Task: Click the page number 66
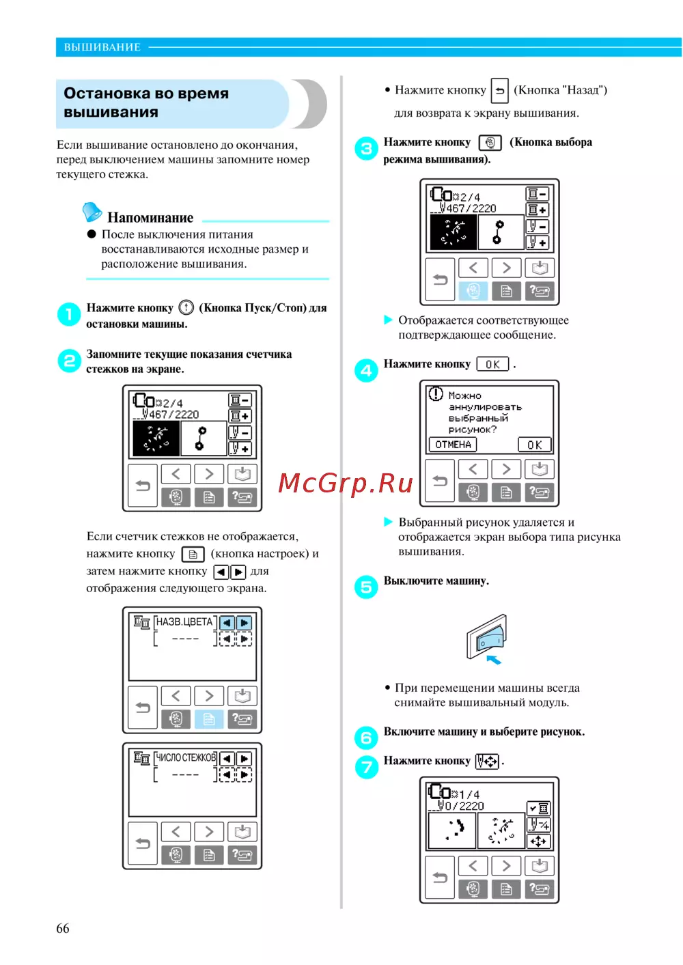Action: pos(62,928)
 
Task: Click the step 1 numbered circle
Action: pos(69,314)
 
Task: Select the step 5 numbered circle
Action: pos(366,587)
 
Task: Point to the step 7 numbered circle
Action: pos(366,767)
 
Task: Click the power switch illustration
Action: pos(486,637)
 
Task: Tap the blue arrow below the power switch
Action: pos(494,660)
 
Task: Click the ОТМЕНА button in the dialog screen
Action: pos(452,445)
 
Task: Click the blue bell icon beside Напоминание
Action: pos(92,212)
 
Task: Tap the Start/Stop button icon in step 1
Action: pos(186,307)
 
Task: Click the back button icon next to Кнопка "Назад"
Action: pos(499,90)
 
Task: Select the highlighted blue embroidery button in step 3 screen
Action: pos(473,291)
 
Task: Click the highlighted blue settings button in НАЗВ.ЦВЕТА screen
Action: pos(209,719)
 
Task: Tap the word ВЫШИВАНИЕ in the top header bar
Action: pos(102,47)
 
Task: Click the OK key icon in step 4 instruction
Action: pos(492,365)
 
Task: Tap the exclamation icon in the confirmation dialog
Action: pos(436,394)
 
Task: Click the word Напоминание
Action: pos(150,218)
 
